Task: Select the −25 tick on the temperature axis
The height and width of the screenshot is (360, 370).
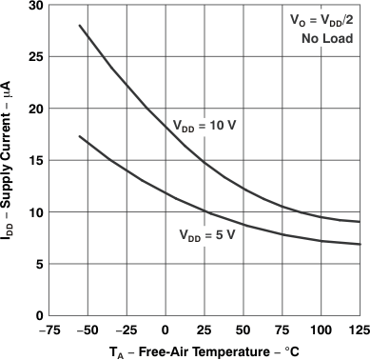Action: [x=124, y=330]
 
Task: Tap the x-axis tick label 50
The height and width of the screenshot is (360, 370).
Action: [x=243, y=330]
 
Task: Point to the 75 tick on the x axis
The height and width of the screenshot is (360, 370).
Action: [x=282, y=330]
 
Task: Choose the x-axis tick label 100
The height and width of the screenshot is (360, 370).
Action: [x=321, y=330]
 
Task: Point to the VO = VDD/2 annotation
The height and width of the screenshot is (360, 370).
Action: [x=322, y=19]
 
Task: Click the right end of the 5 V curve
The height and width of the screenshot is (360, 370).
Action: [x=360, y=245]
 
